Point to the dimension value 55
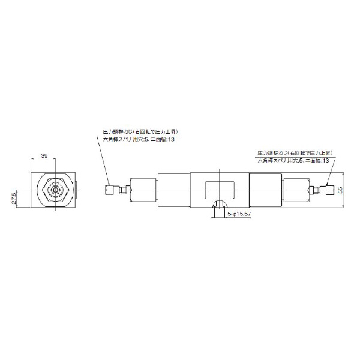coord(340,190)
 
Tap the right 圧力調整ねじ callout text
coord(295,153)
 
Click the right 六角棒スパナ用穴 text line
coord(294,161)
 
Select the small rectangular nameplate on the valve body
coord(221,190)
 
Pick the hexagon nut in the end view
coord(55,190)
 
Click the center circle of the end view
coord(55,190)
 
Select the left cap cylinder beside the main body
coord(143,191)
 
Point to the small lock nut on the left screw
coord(124,191)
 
